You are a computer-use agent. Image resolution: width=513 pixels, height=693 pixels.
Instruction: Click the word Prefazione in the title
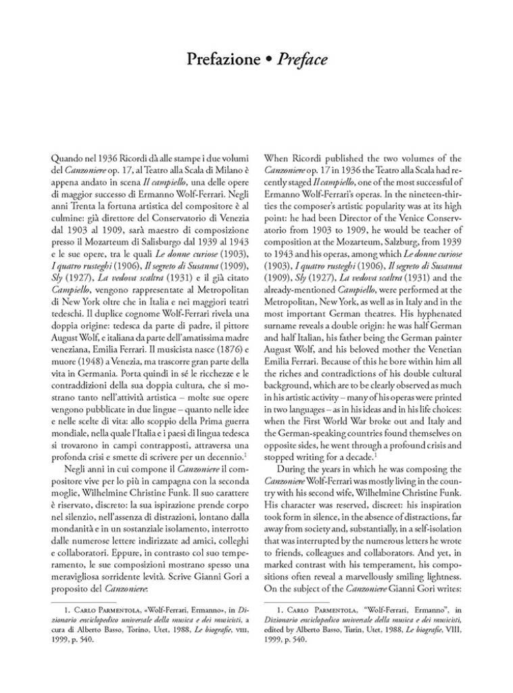click(x=222, y=60)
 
